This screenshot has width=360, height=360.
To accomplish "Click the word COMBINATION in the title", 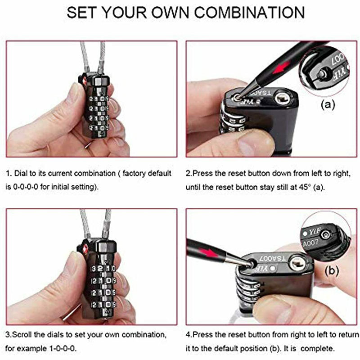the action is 250,12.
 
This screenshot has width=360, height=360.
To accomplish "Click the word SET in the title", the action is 81,12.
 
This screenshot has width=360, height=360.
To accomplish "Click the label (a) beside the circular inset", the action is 328,105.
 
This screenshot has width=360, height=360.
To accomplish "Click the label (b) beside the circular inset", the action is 332,271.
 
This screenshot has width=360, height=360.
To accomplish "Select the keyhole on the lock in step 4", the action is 298,263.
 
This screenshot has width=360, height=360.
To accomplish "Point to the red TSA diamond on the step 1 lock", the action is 84,81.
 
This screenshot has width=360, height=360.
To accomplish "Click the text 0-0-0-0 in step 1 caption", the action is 26,187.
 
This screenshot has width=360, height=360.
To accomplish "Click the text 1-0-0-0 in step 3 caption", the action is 63,348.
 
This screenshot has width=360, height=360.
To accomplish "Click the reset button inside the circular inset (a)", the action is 321,74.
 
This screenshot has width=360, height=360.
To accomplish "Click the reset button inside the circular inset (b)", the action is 326,234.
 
